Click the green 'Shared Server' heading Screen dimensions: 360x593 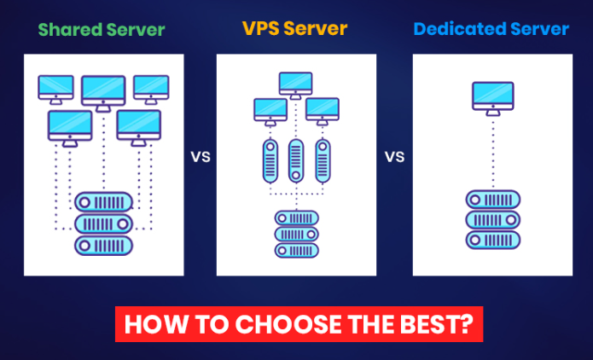point(102,30)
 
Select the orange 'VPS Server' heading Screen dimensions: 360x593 point(294,28)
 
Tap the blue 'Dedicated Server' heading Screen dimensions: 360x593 point(491,29)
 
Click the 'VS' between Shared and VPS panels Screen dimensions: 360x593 point(201,157)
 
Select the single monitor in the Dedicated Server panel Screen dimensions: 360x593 point(492,96)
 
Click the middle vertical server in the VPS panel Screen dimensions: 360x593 point(296,160)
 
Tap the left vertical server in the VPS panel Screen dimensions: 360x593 point(270,160)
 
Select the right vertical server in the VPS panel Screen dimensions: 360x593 point(323,160)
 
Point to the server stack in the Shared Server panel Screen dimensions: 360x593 point(104,224)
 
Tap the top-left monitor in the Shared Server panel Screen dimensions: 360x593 point(56,87)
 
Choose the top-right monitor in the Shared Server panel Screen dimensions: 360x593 point(151,87)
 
